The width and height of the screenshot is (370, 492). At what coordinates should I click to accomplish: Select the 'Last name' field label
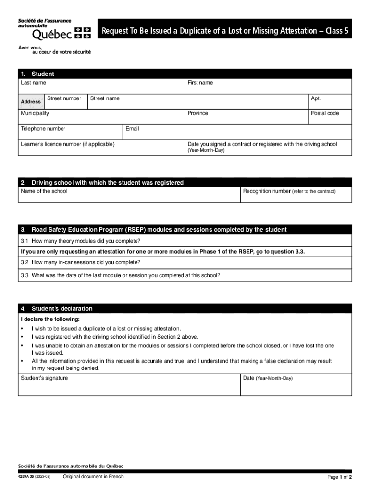33,83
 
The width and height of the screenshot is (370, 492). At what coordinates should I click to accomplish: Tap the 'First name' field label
200,83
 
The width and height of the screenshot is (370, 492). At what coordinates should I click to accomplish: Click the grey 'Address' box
31,102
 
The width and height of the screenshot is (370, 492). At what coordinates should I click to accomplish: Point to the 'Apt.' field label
316,98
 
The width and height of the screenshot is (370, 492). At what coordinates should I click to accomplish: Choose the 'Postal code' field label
325,113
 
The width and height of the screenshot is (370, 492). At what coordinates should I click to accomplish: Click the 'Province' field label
197,113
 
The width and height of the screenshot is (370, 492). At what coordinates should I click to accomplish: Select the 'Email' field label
132,129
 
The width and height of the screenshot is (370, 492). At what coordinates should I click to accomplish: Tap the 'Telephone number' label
43,129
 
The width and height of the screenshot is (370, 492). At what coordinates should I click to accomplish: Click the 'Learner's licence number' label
68,144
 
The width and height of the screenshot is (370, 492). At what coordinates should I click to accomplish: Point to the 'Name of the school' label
44,191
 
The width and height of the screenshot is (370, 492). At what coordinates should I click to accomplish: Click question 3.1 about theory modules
80,241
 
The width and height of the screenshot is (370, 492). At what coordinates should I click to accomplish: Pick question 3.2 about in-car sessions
80,262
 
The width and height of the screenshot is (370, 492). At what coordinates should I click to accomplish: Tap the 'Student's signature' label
44,378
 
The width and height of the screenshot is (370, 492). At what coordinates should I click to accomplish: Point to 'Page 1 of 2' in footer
340,477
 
